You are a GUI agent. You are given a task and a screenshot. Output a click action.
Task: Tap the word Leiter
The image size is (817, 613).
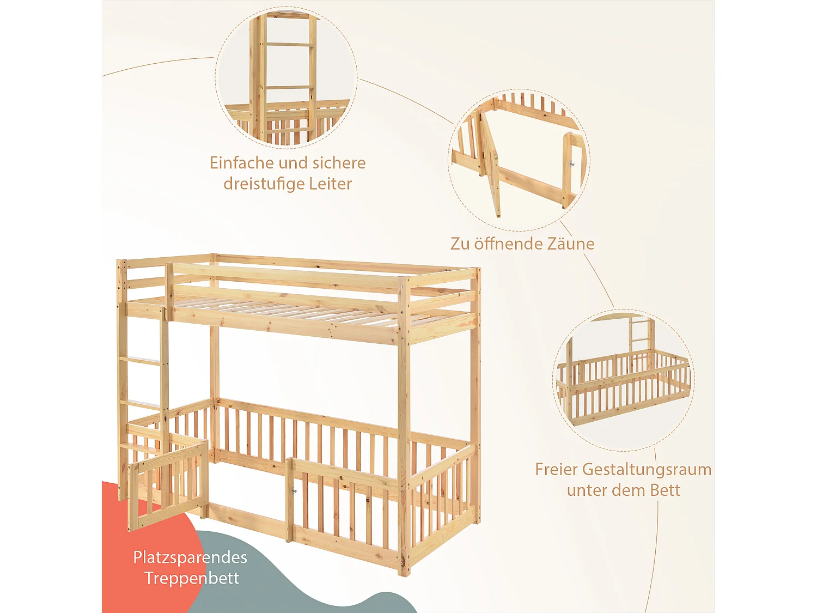pyautogui.click(x=331, y=184)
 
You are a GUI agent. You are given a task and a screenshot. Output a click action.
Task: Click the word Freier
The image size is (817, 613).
pyautogui.click(x=556, y=469)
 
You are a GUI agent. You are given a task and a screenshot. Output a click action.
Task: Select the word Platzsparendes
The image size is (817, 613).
pyautogui.click(x=190, y=557)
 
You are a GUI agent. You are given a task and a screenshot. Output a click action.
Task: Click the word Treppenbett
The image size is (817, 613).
pyautogui.click(x=192, y=578)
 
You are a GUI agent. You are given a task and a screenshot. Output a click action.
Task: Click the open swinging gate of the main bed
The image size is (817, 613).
pyautogui.click(x=167, y=485)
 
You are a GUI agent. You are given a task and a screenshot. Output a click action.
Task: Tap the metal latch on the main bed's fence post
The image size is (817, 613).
pyautogui.click(x=294, y=491)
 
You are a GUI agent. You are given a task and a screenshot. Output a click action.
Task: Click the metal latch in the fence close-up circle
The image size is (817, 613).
pyautogui.click(x=572, y=163)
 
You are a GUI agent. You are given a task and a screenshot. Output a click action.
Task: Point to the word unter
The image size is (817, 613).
pyautogui.click(x=587, y=490)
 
